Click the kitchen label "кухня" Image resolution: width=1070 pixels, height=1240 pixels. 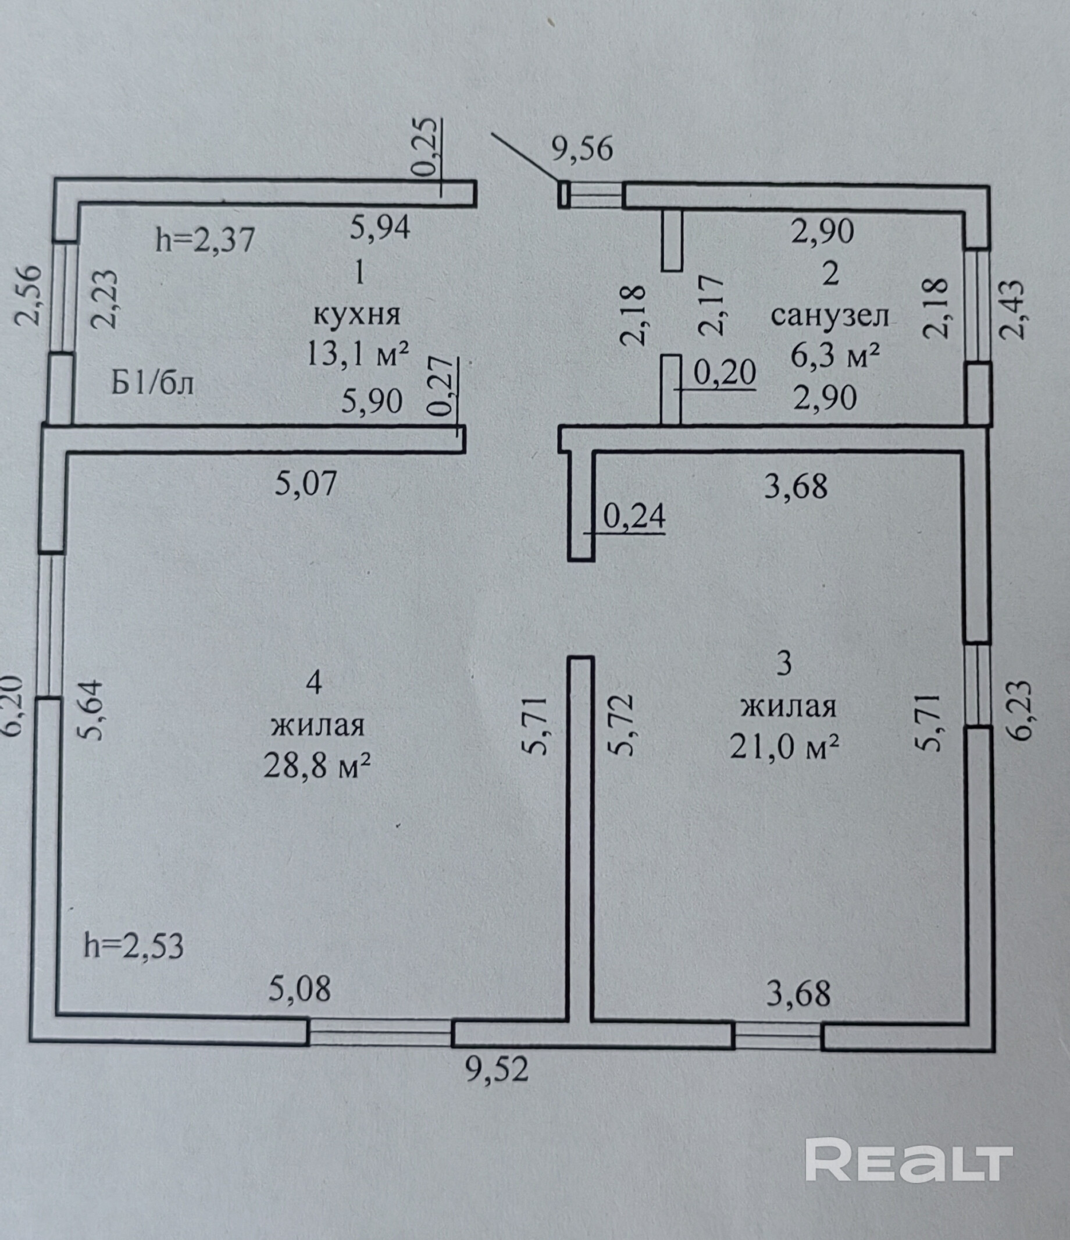pos(356,314)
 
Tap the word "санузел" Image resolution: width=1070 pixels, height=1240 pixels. pos(830,315)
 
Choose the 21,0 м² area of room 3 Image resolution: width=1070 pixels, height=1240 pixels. pos(784,745)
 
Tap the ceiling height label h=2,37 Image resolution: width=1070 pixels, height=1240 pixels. pos(205,240)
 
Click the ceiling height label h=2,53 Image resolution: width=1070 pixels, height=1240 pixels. pos(133,946)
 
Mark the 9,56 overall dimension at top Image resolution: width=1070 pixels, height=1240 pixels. pos(582,149)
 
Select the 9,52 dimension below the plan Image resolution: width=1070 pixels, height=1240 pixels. pos(497,1070)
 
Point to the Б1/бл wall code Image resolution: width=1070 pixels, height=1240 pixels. pos(152,383)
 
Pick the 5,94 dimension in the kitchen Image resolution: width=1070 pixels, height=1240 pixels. pos(380,228)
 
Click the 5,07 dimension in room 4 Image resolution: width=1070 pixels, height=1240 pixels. pos(306,483)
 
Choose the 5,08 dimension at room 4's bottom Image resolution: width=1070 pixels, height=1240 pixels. pos(299,989)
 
